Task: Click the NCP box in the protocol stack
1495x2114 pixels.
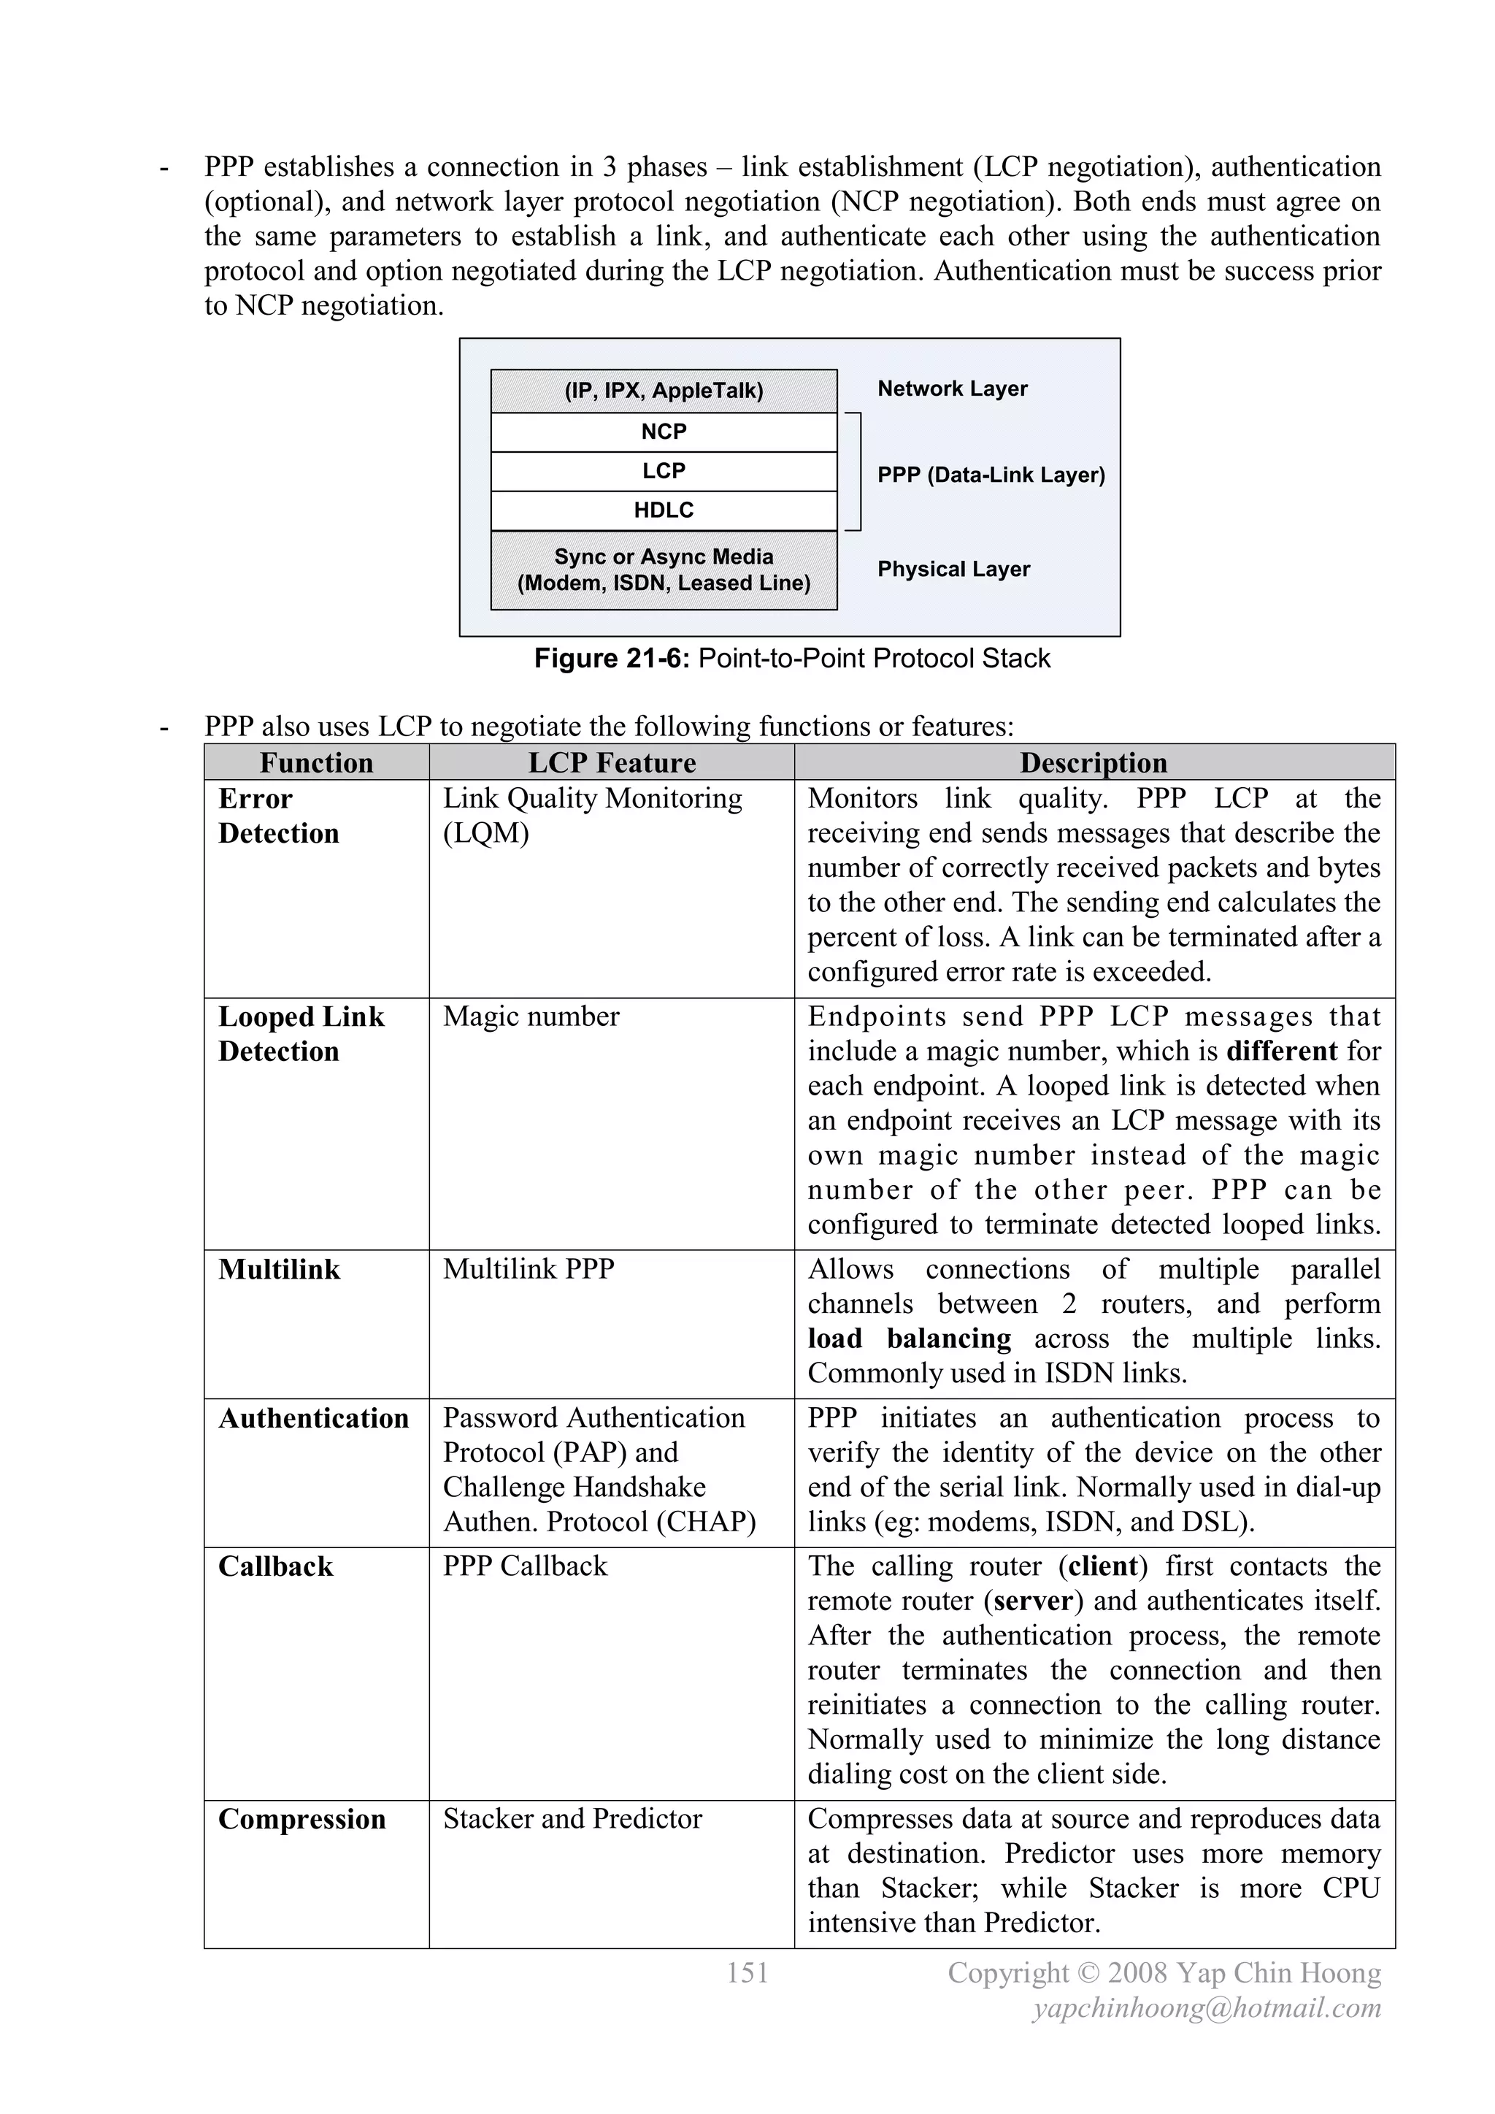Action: [664, 432]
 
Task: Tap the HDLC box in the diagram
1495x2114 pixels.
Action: [664, 510]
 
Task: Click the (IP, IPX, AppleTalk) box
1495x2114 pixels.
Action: [664, 391]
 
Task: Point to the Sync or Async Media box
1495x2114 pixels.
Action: [664, 570]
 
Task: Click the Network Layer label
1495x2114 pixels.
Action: [952, 388]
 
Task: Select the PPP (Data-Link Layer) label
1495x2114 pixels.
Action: [991, 475]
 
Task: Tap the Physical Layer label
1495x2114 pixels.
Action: [953, 569]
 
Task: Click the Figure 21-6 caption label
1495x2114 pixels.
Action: [612, 659]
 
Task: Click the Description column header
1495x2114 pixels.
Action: [1093, 762]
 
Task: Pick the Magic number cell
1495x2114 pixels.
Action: [531, 1016]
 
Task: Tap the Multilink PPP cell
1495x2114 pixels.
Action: [529, 1269]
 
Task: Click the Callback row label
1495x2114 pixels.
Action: [275, 1566]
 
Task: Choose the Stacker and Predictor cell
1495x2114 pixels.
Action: [572, 1818]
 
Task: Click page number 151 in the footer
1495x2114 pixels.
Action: [747, 1972]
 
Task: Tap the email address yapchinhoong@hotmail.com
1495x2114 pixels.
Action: [1207, 2008]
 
